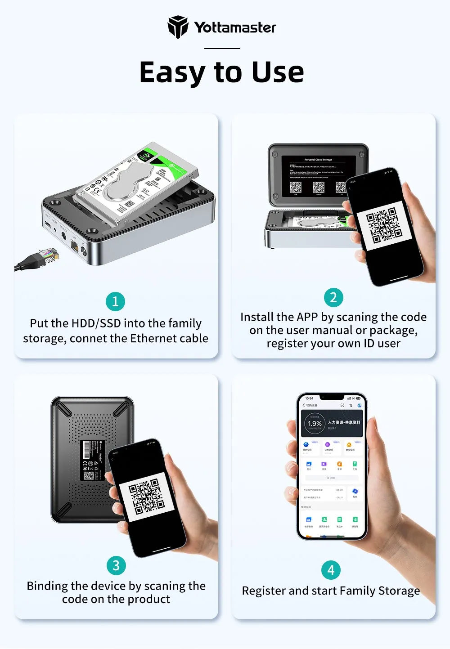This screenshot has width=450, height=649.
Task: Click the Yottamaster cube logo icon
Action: point(177,27)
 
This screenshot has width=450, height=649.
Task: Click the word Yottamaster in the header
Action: point(235,27)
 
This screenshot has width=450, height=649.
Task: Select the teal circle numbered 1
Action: point(115,301)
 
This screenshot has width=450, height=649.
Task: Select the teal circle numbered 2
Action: point(333,297)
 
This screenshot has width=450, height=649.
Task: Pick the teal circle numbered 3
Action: point(116,565)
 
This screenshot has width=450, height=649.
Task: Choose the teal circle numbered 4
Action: point(331,570)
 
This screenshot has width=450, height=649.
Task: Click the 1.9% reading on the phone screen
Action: point(315,424)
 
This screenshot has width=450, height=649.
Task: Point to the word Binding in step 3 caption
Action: point(47,586)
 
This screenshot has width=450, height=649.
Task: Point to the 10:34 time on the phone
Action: point(309,398)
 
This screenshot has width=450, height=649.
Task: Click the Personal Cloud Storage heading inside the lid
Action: point(318,160)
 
